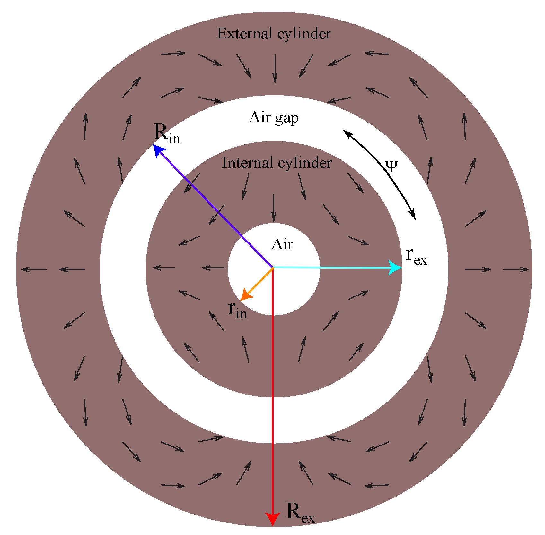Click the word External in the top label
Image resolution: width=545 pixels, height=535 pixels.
[244, 34]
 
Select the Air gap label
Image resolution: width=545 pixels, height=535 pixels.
[274, 118]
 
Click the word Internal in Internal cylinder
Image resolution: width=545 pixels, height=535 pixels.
[248, 163]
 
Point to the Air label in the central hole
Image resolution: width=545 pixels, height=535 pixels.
[282, 244]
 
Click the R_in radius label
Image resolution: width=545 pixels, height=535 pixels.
[167, 133]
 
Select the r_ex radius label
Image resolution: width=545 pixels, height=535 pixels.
[416, 256]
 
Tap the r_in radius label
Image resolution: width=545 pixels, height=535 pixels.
[237, 310]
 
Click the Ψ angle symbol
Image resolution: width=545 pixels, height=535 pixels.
[391, 166]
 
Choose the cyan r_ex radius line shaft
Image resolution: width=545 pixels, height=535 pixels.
[331, 267]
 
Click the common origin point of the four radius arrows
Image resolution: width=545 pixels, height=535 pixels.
[273, 267]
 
